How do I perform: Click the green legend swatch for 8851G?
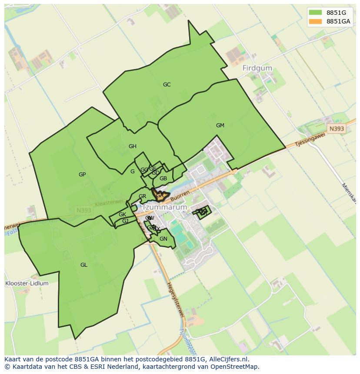coord(316,12)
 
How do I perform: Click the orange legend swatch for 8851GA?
coord(316,22)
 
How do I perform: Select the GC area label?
coord(167,85)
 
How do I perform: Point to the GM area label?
coord(220,126)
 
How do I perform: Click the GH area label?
coord(133,146)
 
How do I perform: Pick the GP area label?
coord(82,175)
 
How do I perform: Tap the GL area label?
coord(84,265)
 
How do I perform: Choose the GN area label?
coord(163,239)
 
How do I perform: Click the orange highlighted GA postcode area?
coord(160,196)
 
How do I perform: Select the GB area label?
coord(163,179)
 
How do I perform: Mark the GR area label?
coord(142,196)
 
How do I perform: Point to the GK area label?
coord(122,215)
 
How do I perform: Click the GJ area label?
coord(125,221)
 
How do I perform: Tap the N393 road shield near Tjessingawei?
coord(336,129)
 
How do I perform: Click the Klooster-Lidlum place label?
coord(27,283)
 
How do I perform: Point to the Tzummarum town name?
coord(165,207)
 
